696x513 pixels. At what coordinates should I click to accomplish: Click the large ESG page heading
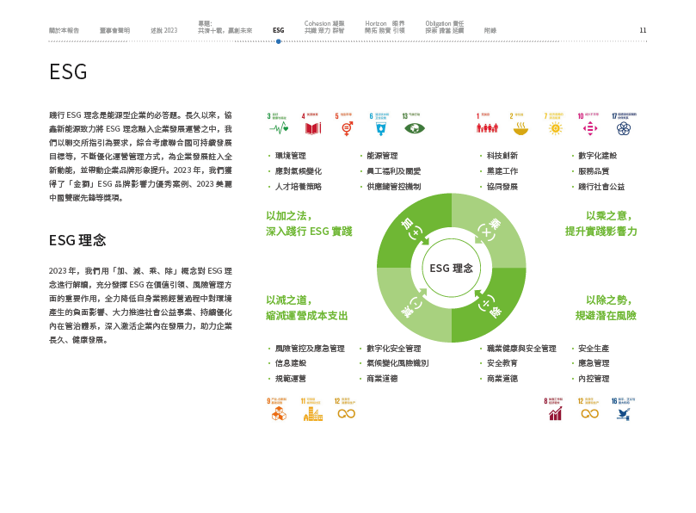click(x=69, y=71)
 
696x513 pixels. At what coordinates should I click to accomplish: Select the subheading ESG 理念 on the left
click(x=77, y=239)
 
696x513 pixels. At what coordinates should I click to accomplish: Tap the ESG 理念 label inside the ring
click(x=452, y=268)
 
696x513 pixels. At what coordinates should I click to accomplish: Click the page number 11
click(x=643, y=30)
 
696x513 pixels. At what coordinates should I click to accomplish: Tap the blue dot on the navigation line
click(x=279, y=40)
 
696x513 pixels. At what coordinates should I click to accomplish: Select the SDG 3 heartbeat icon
click(x=280, y=128)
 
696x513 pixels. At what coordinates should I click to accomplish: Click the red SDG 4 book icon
click(x=313, y=128)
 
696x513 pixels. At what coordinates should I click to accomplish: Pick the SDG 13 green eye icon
click(x=415, y=128)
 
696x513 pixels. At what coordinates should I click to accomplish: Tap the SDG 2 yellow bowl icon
click(x=520, y=128)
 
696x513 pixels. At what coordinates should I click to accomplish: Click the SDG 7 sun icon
click(x=555, y=128)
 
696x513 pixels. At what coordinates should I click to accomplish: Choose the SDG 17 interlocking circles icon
click(x=624, y=128)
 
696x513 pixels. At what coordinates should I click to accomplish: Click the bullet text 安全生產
click(x=594, y=349)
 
